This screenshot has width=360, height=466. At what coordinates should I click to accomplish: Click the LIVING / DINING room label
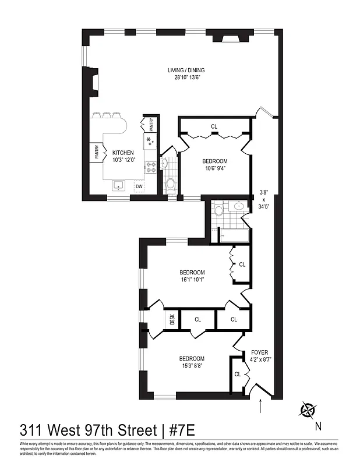point(187,70)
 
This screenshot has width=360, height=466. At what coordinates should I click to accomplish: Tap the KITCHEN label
point(123,153)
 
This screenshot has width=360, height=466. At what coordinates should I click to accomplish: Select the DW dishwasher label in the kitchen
point(139,186)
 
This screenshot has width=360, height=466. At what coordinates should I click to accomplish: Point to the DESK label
point(172,319)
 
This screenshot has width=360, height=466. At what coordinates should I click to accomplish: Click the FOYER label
point(259,352)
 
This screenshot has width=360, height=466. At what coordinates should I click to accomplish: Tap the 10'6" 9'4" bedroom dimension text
point(215,169)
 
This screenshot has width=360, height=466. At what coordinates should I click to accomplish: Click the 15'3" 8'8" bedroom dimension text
point(192,366)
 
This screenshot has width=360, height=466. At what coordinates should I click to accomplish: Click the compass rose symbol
point(306,410)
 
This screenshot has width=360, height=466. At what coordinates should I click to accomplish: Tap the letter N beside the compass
point(318,426)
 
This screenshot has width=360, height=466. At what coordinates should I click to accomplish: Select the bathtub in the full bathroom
point(234,236)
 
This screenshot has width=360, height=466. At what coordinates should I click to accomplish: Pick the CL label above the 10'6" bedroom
point(214,126)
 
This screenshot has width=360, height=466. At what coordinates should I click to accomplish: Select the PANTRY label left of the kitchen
point(96,152)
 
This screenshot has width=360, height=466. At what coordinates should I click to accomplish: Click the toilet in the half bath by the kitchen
point(170,184)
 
